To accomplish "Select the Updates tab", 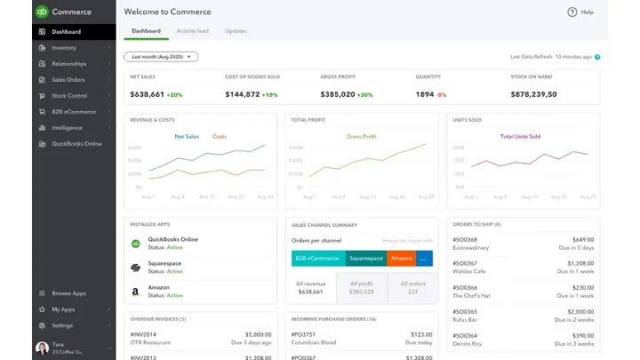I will pos(236,31).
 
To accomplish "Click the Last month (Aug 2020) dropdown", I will pos(161,56).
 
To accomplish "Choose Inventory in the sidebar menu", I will pos(63,48).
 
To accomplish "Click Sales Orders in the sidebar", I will pos(68,79).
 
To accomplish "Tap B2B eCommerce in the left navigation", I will pos(73,111).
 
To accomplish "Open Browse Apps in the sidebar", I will pos(68,292).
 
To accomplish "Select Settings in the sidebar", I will pos(62,325).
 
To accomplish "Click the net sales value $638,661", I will pos(147,94).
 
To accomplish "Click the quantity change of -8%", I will pos(442,94).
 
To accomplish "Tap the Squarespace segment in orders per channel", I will pos(365,259).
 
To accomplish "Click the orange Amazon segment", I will pos(401,259).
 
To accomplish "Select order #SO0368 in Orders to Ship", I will pos(465,239).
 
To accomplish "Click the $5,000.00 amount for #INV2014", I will pos(258,334).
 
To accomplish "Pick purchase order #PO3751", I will pos(304,334).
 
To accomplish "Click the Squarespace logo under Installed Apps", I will pos(136,268).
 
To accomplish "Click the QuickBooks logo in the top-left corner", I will pos(42,12).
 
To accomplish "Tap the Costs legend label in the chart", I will pos(220,137).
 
